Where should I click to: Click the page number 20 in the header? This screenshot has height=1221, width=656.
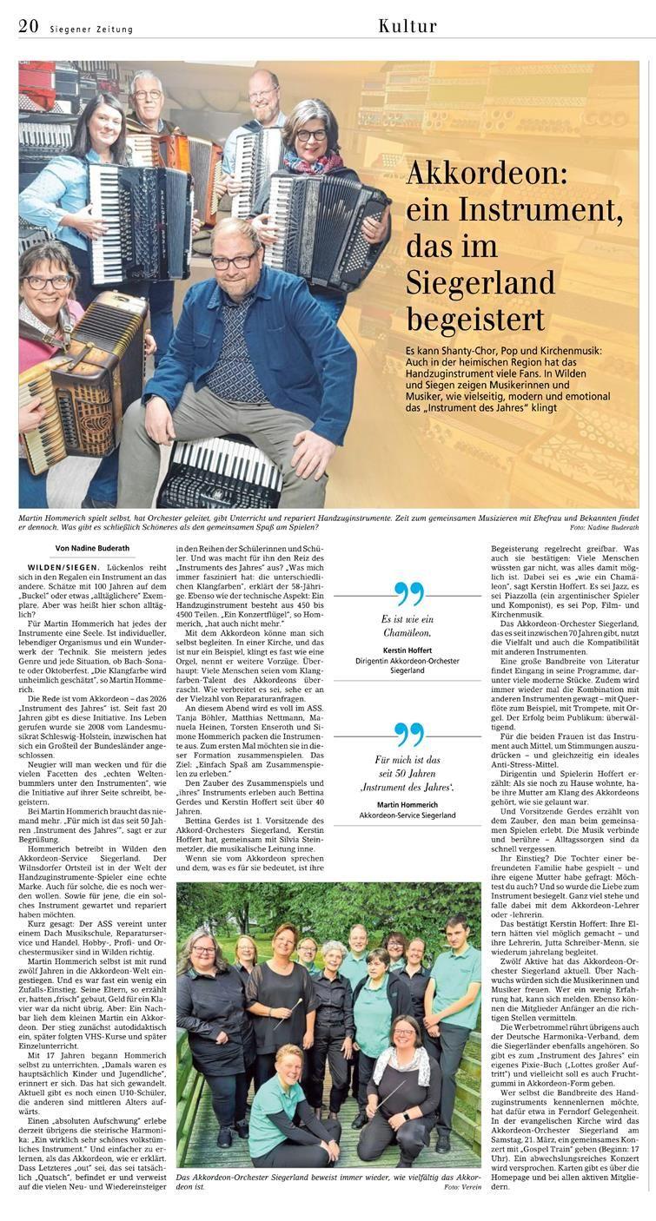point(28,27)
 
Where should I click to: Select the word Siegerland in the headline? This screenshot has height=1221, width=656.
point(480,282)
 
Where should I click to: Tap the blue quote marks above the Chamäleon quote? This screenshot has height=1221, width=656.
point(408,594)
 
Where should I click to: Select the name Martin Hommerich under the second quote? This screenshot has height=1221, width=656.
point(408,804)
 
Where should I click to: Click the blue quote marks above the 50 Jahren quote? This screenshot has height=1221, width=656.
point(408,735)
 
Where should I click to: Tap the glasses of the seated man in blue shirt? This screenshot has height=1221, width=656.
point(235,261)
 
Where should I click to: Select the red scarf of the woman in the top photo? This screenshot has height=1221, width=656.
point(315,163)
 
